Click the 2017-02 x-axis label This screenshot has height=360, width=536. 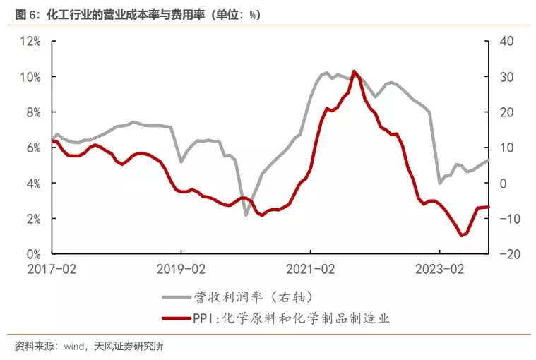point(52,269)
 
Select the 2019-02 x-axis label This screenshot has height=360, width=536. point(181,269)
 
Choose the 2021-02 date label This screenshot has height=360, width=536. point(310,269)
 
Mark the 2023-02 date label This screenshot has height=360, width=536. point(439,269)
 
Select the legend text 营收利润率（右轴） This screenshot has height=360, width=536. point(251,297)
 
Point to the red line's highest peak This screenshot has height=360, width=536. point(354,71)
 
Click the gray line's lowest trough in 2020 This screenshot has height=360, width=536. point(246,215)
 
